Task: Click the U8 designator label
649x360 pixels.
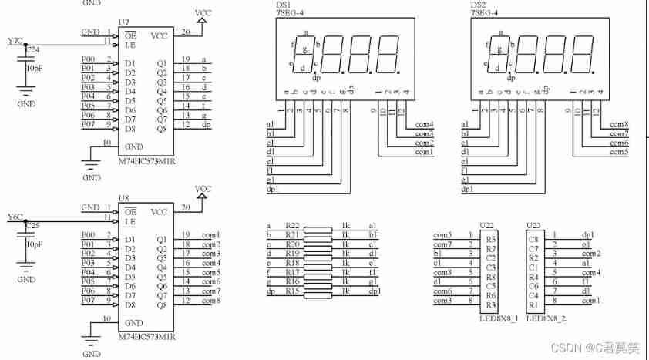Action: (124, 199)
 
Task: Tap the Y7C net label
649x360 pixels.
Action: (15, 40)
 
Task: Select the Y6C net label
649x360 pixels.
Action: (15, 216)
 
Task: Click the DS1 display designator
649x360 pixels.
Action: (283, 5)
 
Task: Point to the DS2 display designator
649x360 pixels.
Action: (478, 5)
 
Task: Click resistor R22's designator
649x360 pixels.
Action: (291, 224)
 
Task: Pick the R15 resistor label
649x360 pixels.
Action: (291, 291)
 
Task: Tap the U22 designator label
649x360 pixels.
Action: (486, 224)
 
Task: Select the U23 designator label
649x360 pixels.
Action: (533, 224)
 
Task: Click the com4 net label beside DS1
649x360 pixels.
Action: (424, 124)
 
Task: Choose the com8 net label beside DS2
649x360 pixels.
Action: (619, 124)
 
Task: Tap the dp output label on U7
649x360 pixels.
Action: (207, 125)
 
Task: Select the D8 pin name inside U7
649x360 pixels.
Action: (130, 128)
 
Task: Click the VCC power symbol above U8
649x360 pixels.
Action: (203, 190)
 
